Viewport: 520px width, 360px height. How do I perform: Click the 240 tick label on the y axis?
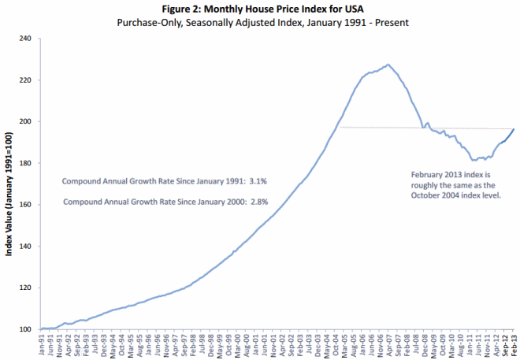[24, 39]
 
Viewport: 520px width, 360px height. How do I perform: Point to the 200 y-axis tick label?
[24, 121]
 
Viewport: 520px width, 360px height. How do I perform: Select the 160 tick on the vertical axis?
[24, 205]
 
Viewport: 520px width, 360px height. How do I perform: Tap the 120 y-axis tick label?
[24, 288]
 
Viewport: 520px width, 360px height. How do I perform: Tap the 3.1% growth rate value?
[259, 181]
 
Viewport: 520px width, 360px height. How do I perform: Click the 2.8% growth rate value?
[259, 202]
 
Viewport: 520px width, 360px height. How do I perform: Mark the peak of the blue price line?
[388, 65]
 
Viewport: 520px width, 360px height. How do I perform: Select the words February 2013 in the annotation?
[434, 173]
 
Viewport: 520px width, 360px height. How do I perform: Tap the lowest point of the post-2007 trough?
[473, 160]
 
